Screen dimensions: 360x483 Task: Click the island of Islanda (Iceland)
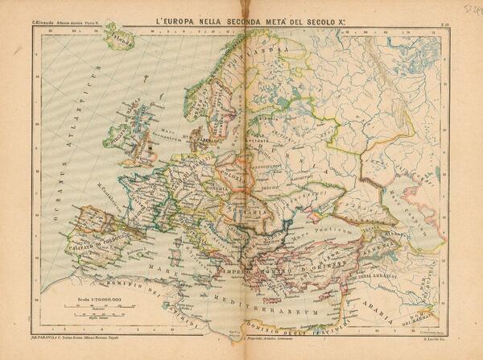point(118,36)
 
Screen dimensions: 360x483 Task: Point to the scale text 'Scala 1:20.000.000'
point(87,299)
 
